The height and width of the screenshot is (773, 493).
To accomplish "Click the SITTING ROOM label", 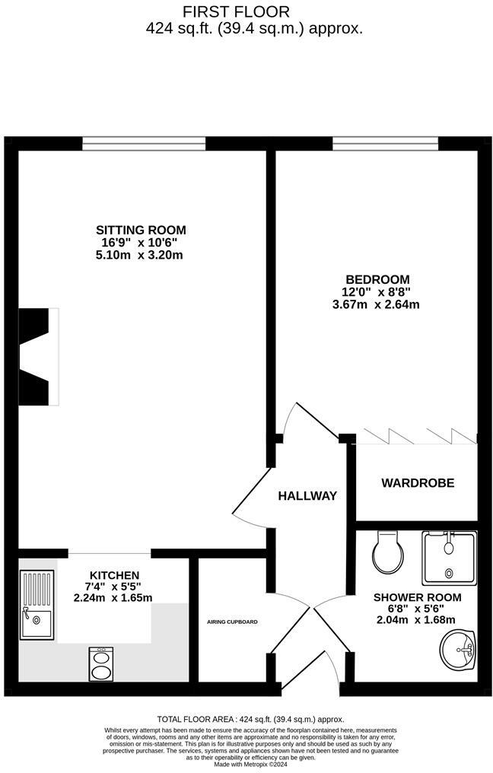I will point(141,230).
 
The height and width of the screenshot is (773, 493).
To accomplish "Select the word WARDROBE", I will point(418,483).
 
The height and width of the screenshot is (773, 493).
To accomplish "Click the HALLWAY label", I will point(307,496).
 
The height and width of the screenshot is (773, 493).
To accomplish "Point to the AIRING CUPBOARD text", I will point(232,622).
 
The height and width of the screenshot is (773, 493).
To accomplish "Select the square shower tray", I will point(449,558).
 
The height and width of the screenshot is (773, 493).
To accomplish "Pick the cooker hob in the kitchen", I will point(100,663).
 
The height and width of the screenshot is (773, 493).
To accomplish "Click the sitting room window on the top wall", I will point(144,144).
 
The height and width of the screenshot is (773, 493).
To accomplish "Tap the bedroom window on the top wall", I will point(385,144).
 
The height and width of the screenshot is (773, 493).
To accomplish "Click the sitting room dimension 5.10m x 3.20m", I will point(141,255).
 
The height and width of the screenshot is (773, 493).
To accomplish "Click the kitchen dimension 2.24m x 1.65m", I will point(113,598).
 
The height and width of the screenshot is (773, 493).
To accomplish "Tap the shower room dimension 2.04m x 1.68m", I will point(417,621).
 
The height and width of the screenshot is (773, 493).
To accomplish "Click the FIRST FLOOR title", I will point(236,11).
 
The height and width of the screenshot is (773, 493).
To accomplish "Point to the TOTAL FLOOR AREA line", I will point(250,719).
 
